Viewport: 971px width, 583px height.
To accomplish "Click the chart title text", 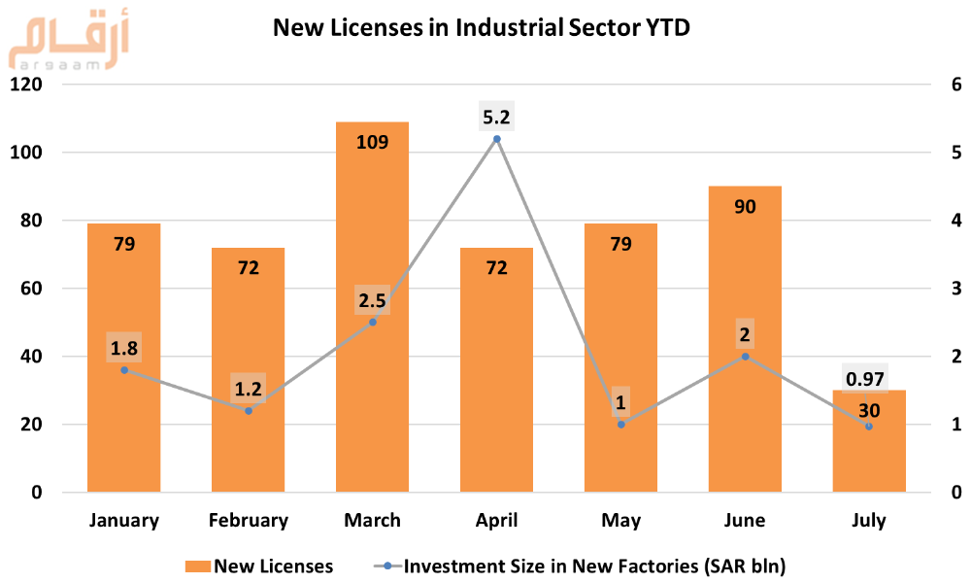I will coord(482,28).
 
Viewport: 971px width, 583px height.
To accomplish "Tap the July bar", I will coord(869,457).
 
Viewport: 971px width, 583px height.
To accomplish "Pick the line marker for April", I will coord(497,139).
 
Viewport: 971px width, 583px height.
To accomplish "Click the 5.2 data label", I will coord(496,118).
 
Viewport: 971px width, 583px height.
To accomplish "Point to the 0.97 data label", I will coord(868,378).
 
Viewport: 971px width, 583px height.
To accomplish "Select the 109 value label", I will coord(372,143).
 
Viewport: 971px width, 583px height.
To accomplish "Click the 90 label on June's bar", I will coord(745,206).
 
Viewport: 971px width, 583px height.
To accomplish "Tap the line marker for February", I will coord(249,411).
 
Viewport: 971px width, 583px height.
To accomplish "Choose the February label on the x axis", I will coord(249,521).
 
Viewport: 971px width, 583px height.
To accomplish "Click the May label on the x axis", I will coord(620,521).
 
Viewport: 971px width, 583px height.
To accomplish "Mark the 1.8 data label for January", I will coord(124,348).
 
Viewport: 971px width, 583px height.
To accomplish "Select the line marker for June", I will coord(745,357).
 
